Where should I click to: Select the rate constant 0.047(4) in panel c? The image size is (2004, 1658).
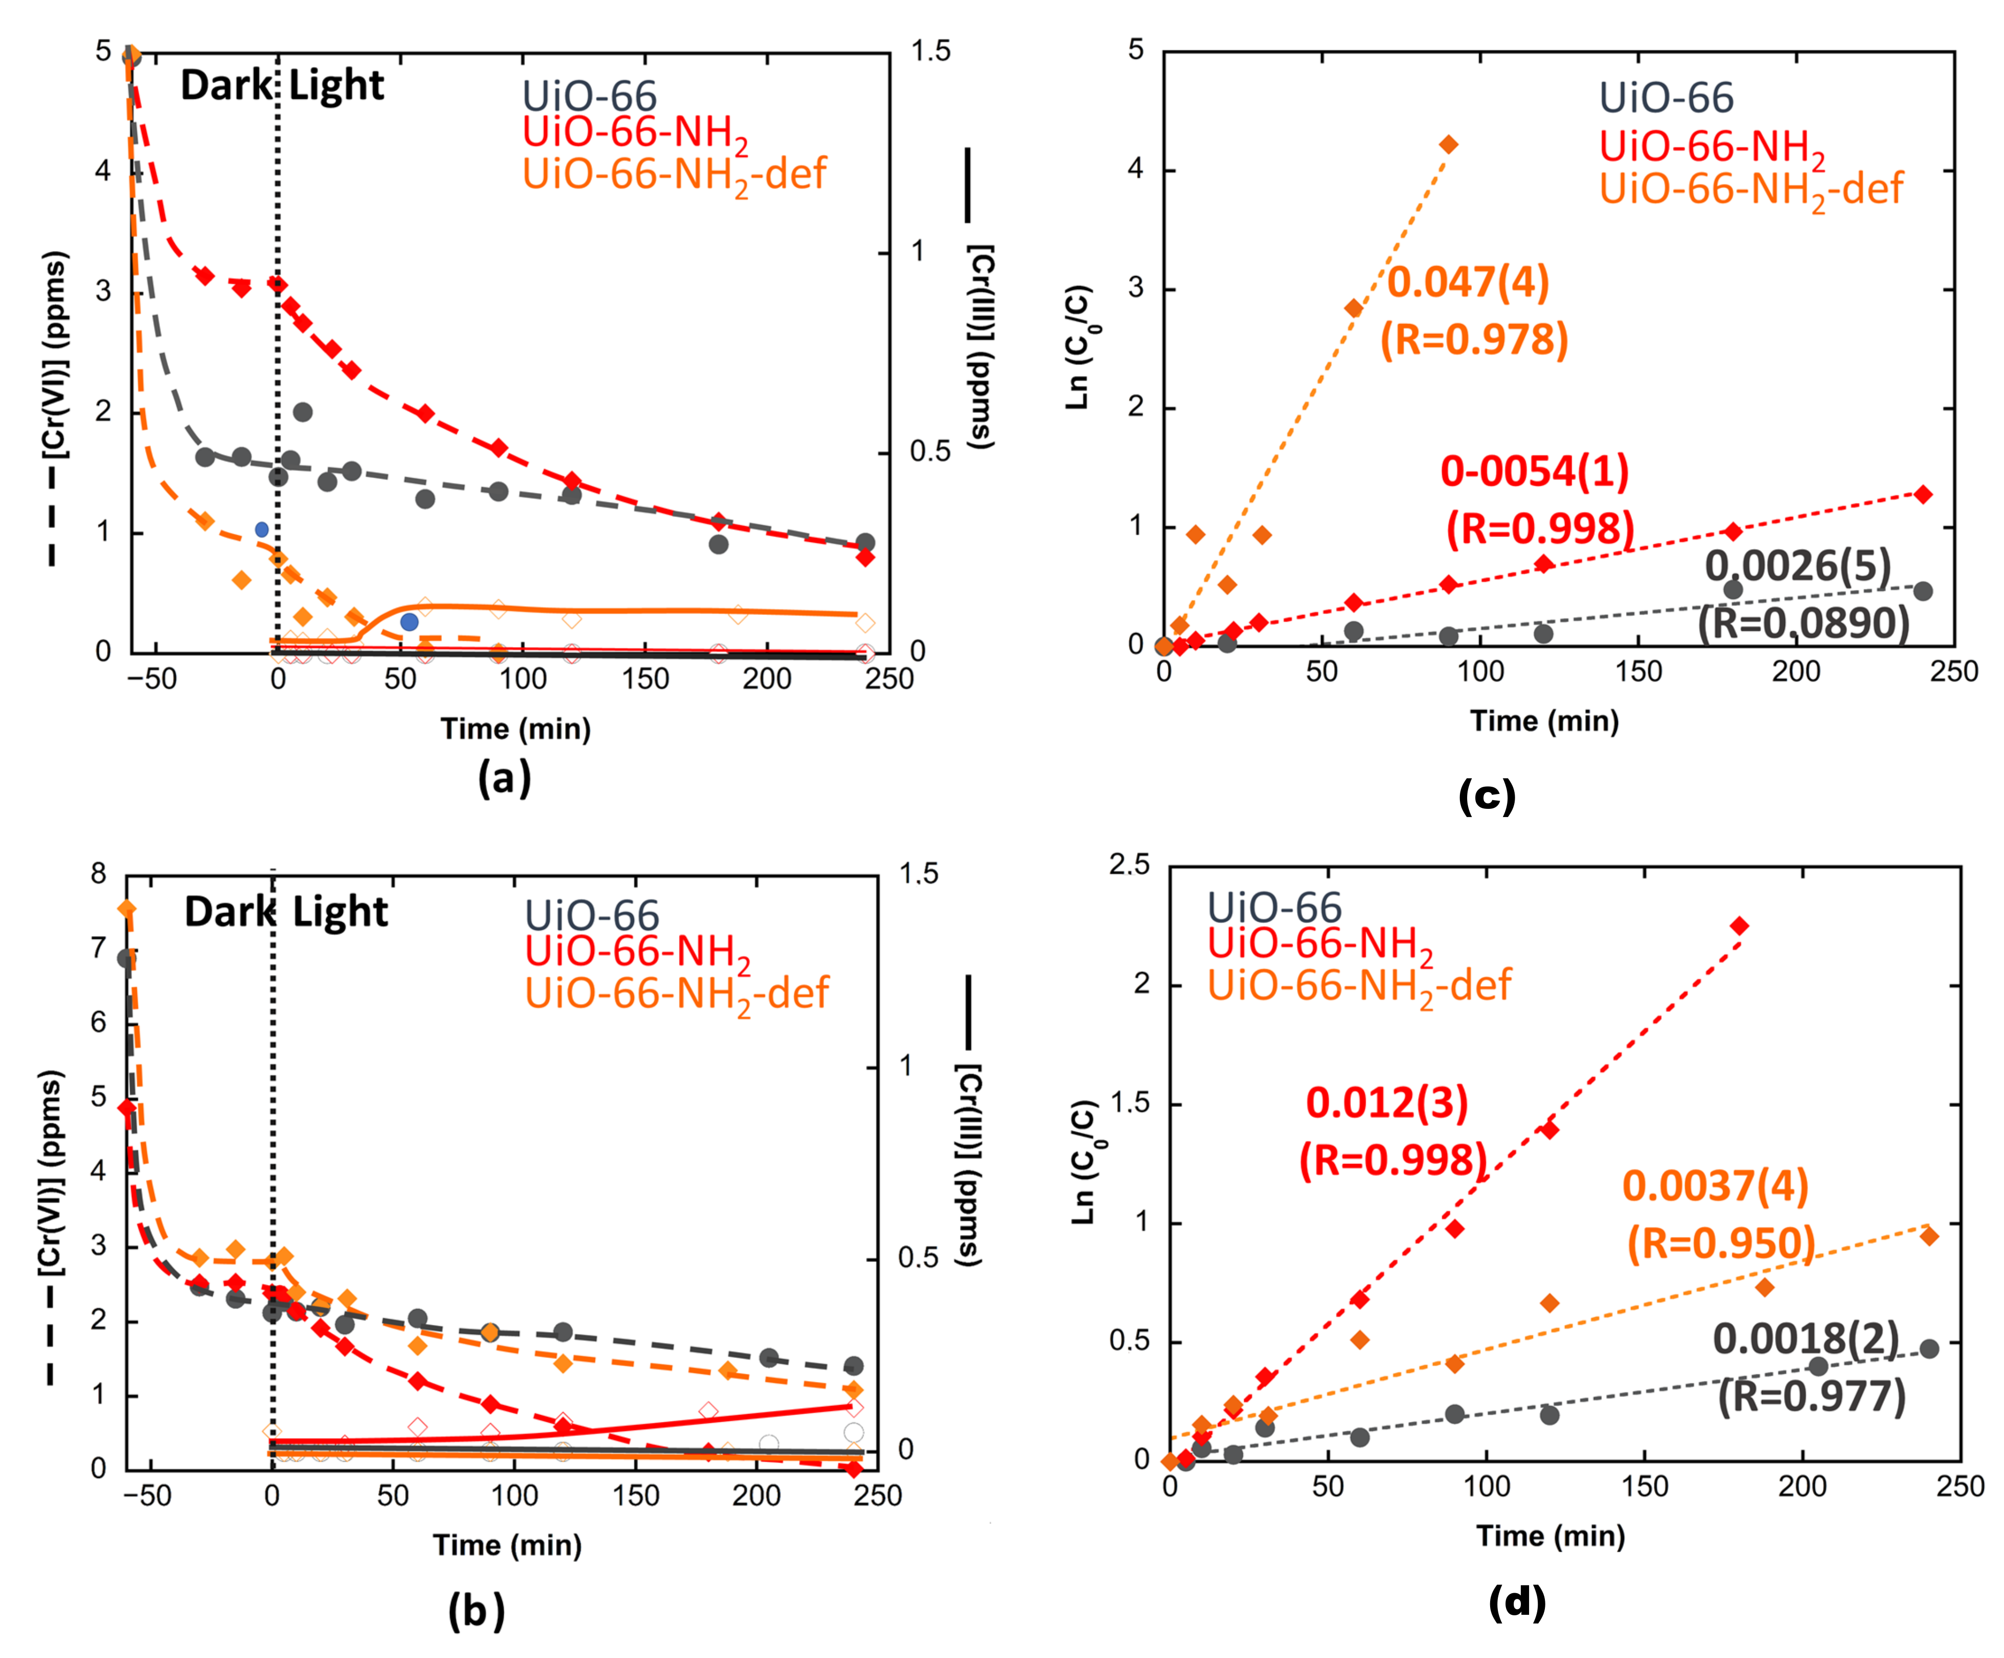pyautogui.click(x=1468, y=282)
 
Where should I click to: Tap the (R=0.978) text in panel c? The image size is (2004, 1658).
pyautogui.click(x=1474, y=339)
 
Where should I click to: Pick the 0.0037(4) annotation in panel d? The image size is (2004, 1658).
pyautogui.click(x=1715, y=1186)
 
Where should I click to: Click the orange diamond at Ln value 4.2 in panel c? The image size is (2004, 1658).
pyautogui.click(x=1448, y=144)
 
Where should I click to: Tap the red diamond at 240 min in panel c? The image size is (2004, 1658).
pyautogui.click(x=1923, y=494)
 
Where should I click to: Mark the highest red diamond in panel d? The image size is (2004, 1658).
pyautogui.click(x=1740, y=925)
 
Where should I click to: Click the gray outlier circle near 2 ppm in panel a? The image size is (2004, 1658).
pyautogui.click(x=303, y=412)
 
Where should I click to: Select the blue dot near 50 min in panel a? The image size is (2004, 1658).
pyautogui.click(x=409, y=622)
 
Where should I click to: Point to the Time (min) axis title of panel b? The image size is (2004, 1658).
pyautogui.click(x=507, y=1545)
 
